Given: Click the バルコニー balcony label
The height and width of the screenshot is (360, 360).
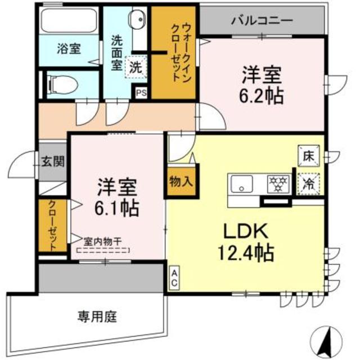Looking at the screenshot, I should [x=262, y=20].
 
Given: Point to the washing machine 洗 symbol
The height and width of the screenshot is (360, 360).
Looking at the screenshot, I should [x=136, y=67].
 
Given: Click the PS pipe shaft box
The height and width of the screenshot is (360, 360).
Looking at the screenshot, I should [x=140, y=93].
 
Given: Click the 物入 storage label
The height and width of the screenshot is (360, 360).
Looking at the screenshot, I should [x=181, y=181].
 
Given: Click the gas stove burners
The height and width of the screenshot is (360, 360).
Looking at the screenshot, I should [x=277, y=183].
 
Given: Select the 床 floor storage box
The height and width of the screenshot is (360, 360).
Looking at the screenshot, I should [x=309, y=155].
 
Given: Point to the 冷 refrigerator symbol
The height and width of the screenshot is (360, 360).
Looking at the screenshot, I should [x=309, y=183].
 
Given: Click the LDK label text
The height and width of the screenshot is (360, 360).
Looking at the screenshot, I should [x=241, y=230].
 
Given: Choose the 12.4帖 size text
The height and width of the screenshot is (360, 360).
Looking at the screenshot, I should [x=246, y=253].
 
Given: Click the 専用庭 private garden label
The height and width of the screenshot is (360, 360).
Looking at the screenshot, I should [x=97, y=317].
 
